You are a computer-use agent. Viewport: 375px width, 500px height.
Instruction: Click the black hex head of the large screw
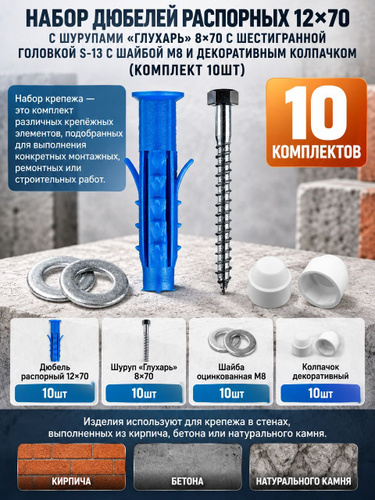click(223, 97)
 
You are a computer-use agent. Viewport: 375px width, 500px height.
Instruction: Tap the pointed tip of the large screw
click(223, 292)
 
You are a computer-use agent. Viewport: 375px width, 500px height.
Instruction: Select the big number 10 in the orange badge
click(315, 112)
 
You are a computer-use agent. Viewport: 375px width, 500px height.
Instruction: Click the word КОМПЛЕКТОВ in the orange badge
click(316, 152)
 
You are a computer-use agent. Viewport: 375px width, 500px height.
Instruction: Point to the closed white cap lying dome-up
click(270, 282)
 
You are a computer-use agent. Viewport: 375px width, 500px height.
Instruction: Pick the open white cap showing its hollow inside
click(323, 280)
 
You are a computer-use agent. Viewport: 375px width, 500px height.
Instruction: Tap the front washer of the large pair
click(94, 283)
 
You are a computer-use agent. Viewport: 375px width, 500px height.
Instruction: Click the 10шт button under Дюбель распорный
click(55, 394)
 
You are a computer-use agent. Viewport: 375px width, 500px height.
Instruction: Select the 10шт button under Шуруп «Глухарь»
click(144, 394)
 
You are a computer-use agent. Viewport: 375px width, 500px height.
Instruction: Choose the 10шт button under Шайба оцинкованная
click(231, 394)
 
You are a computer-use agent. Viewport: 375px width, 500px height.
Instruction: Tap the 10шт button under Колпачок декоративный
click(320, 394)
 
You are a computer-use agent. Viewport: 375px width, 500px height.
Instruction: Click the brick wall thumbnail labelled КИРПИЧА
click(71, 466)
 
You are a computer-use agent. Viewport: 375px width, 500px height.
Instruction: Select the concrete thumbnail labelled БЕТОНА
click(187, 466)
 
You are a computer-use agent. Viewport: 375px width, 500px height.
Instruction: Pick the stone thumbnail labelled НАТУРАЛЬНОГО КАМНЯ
click(303, 466)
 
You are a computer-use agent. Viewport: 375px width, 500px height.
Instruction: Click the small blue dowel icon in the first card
click(55, 340)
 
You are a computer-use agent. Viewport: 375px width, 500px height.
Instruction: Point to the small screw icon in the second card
click(146, 340)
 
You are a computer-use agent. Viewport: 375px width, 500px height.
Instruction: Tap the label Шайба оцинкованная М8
click(231, 372)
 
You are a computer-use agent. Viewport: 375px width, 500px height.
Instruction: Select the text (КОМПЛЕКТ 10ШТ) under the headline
click(187, 70)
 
